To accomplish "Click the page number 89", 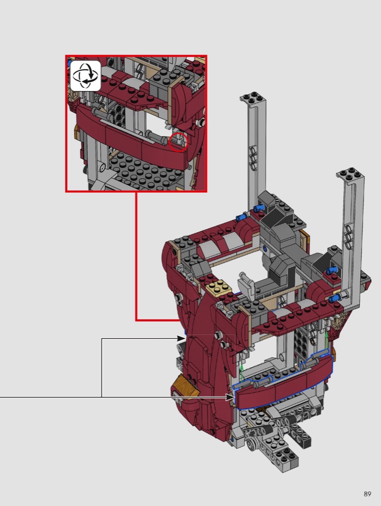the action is (367, 494).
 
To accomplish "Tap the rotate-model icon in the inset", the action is (85, 76).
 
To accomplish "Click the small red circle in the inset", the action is (178, 142).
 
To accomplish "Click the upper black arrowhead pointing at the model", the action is (181, 338).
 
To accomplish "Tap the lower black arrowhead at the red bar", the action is (230, 397).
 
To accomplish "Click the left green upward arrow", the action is (241, 373).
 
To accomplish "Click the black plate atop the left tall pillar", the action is (253, 97).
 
